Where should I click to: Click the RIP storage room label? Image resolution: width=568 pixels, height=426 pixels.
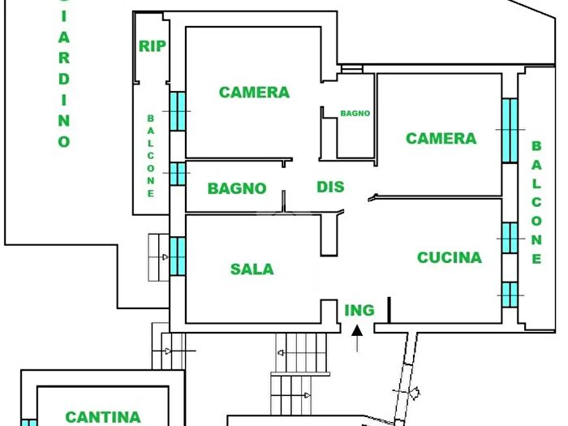[x=153, y=46]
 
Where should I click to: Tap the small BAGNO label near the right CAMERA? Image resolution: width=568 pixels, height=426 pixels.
[x=355, y=114]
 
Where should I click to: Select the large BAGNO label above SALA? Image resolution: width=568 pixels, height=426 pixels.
[x=237, y=188]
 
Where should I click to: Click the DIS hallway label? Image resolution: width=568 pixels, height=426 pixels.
[x=330, y=187]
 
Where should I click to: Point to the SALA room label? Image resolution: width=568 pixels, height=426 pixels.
[x=252, y=269]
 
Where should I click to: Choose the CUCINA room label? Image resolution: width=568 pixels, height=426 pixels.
[x=449, y=258]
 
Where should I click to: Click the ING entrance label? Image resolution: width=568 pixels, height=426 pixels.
[x=359, y=310]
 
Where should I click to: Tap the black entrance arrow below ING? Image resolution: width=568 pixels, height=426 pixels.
[x=356, y=335]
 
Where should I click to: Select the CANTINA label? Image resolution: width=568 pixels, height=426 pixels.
[x=103, y=417]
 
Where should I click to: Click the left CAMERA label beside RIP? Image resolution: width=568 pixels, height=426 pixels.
[x=254, y=93]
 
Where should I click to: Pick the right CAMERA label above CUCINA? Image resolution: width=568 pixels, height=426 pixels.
[x=441, y=139]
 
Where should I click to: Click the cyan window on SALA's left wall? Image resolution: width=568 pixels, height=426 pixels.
[x=177, y=255]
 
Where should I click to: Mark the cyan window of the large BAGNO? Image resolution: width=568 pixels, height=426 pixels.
[x=177, y=174]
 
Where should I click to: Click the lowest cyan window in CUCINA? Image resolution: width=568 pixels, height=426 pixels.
[x=509, y=295]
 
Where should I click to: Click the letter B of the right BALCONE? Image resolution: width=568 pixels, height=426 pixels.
[x=536, y=147]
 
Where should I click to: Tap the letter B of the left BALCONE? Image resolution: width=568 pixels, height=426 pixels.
[x=150, y=118]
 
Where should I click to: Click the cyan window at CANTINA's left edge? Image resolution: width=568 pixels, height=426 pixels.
[x=28, y=422]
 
